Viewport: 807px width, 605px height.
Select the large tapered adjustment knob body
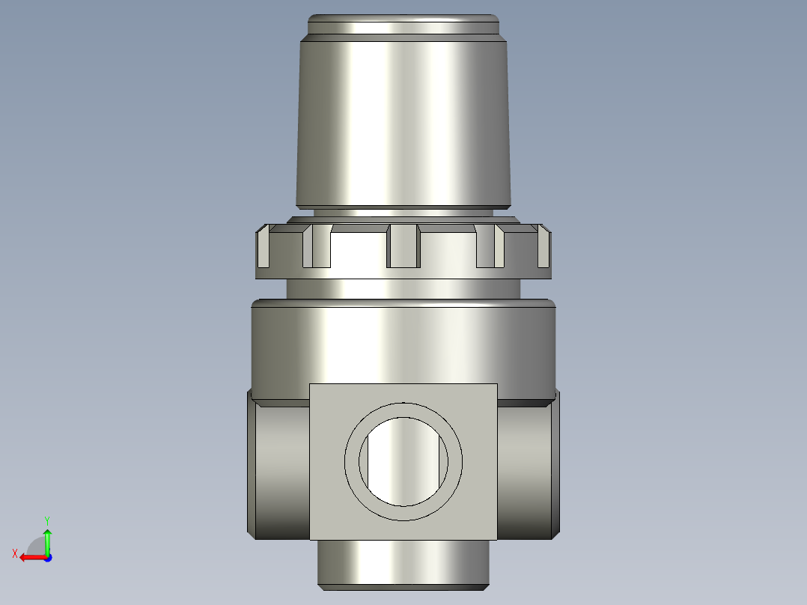point(403,120)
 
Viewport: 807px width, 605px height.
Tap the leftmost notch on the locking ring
point(264,249)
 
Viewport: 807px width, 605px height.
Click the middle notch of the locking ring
point(403,247)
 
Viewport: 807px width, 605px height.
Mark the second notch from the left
point(317,248)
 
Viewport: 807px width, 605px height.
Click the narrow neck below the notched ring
point(403,288)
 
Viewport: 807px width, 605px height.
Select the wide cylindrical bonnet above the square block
point(403,344)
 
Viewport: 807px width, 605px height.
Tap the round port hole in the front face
point(403,460)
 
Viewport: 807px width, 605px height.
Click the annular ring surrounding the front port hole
point(351,460)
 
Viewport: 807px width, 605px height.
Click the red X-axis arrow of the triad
point(30,557)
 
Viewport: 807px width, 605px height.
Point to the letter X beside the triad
point(15,553)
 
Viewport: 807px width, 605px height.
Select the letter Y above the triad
point(47,520)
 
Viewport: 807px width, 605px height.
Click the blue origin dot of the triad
point(47,557)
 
